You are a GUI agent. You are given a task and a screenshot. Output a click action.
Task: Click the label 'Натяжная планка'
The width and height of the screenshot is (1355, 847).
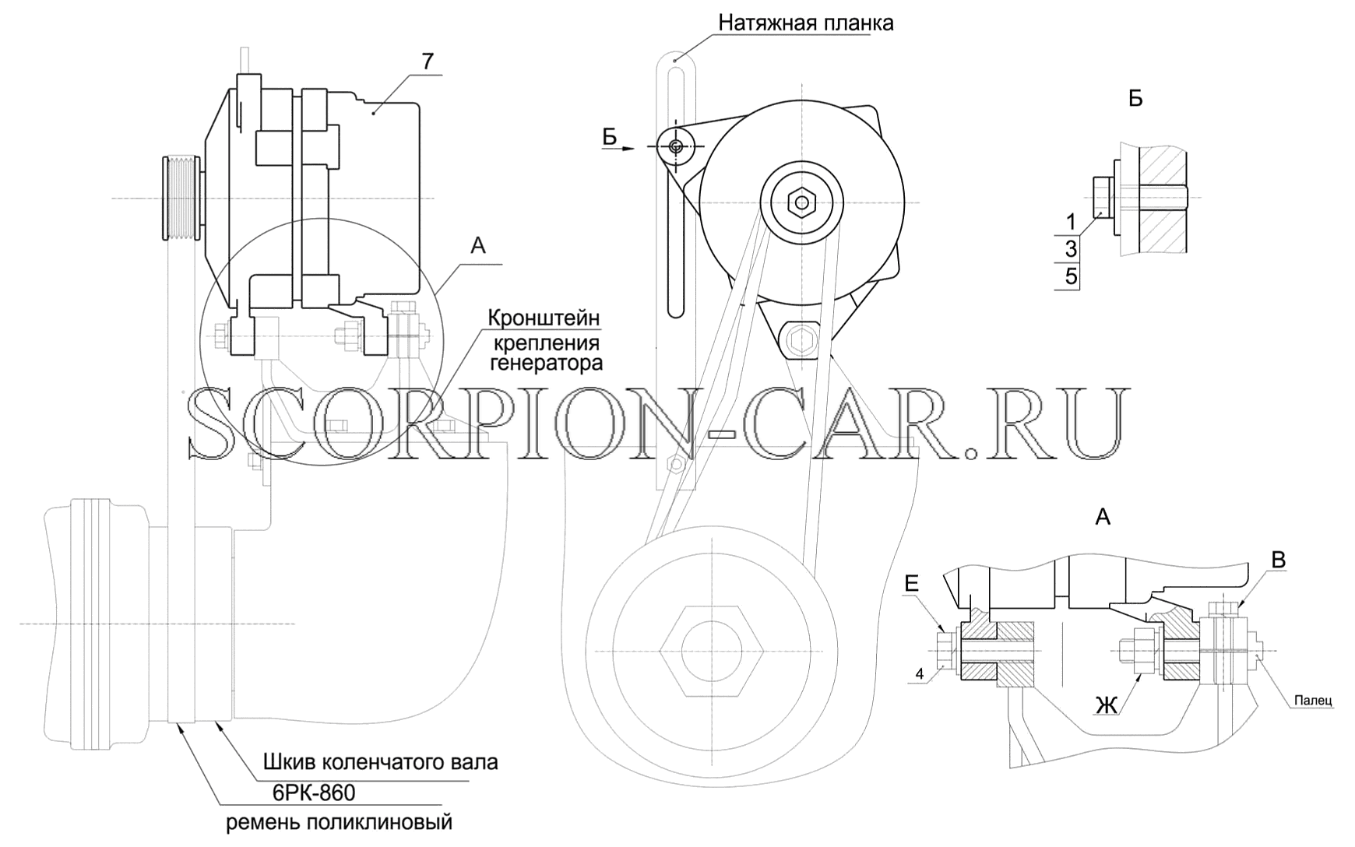(x=806, y=23)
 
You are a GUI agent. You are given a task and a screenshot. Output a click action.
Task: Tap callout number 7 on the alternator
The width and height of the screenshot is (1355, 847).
(x=430, y=62)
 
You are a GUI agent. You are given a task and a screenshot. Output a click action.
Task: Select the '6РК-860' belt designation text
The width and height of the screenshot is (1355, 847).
(x=314, y=793)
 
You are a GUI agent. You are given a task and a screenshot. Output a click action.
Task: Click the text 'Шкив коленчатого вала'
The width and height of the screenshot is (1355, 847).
(x=380, y=761)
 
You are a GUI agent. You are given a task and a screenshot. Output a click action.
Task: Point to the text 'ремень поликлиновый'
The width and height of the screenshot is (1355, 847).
(x=340, y=823)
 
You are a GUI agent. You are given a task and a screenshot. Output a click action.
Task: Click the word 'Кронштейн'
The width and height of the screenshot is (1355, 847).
(x=544, y=318)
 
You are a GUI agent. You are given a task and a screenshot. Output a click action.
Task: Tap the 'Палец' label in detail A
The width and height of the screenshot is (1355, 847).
(x=1314, y=701)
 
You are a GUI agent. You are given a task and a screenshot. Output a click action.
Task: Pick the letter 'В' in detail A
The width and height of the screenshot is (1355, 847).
(x=1279, y=560)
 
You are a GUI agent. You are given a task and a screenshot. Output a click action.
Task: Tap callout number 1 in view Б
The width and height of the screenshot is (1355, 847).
(x=1072, y=223)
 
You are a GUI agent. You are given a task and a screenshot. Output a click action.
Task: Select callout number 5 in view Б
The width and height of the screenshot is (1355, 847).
(x=1072, y=276)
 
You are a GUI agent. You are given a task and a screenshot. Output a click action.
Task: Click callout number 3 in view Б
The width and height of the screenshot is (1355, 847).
(x=1072, y=249)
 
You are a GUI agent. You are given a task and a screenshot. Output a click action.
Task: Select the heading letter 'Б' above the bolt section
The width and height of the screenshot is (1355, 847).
(x=1135, y=99)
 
